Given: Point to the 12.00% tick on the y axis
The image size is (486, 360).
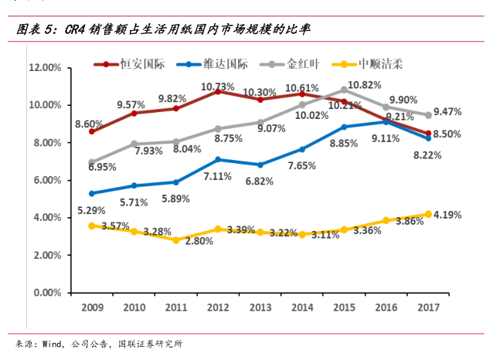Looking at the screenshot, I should point(44,68).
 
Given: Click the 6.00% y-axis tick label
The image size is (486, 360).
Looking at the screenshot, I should point(46,180).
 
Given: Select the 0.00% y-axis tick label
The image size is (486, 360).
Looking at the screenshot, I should point(46,293).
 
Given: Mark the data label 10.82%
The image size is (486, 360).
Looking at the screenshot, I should point(364,85).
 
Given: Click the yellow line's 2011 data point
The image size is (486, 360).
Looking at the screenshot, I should point(176,240).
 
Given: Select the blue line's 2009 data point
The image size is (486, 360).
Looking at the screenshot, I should point(92,193).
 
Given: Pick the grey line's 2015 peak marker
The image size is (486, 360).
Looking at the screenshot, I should point(344,90).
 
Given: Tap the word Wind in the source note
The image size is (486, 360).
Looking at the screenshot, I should point(52,344).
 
